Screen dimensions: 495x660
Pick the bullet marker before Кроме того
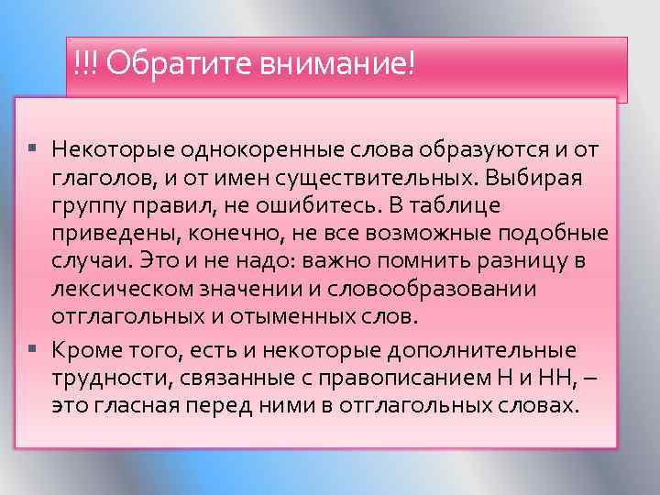34,349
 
